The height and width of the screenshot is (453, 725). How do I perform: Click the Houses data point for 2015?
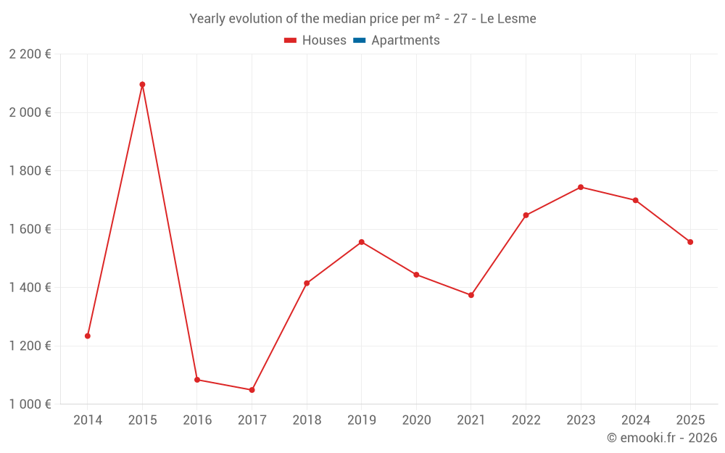pyautogui.click(x=142, y=85)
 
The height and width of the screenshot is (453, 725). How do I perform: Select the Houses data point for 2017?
pyautogui.click(x=252, y=390)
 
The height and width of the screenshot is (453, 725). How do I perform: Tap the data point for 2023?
pyautogui.click(x=581, y=187)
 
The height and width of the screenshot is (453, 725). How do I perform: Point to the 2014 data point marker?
pyautogui.click(x=88, y=336)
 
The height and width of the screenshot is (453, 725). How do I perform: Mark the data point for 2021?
pyautogui.click(x=471, y=295)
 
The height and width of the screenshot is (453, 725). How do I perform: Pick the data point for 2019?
pyautogui.click(x=362, y=242)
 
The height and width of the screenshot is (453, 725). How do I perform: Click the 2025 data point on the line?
pyautogui.click(x=690, y=242)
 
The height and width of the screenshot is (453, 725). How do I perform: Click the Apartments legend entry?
pyautogui.click(x=405, y=41)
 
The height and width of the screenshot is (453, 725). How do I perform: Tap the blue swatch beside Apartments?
pyautogui.click(x=359, y=41)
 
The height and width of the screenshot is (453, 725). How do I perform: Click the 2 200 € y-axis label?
pyautogui.click(x=30, y=54)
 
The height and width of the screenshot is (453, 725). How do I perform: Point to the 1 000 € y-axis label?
pyautogui.click(x=30, y=404)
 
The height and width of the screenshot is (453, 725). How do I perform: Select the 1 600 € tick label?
pyautogui.click(x=30, y=229)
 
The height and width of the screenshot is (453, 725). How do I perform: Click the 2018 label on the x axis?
pyautogui.click(x=307, y=420)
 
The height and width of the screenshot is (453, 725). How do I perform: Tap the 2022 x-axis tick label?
pyautogui.click(x=526, y=420)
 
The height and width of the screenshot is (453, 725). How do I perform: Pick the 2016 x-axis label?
pyautogui.click(x=197, y=420)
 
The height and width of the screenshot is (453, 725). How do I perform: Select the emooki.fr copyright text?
pyautogui.click(x=661, y=438)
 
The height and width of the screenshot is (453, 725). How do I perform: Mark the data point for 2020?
pyautogui.click(x=416, y=275)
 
